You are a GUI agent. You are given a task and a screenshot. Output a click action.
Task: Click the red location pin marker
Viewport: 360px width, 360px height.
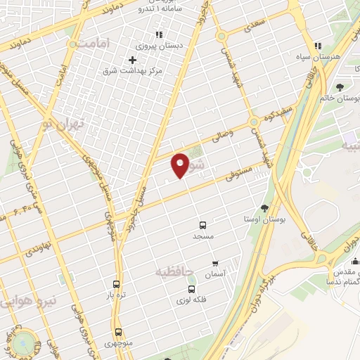point(181,165)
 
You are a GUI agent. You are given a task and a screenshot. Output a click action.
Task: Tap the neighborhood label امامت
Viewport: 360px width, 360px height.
point(96,44)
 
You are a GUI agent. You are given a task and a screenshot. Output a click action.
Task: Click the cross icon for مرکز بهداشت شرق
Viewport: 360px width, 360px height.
point(132,60)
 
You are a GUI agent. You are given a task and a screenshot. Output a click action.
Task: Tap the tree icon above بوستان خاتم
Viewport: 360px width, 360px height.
point(340,87)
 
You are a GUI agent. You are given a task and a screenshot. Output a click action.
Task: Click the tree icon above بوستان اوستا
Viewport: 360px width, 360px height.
point(264,208)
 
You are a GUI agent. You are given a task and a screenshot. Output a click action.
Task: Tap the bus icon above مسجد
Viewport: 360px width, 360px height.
point(202,226)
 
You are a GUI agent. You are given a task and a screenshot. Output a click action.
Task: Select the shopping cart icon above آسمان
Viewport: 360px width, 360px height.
point(214,264)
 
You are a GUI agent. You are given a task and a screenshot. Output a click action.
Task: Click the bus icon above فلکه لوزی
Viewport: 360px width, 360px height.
point(191,289)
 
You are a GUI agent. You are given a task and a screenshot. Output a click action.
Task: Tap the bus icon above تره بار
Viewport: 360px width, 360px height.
point(117,285)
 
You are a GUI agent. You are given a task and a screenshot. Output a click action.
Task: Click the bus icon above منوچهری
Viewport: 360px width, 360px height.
point(117,331)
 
